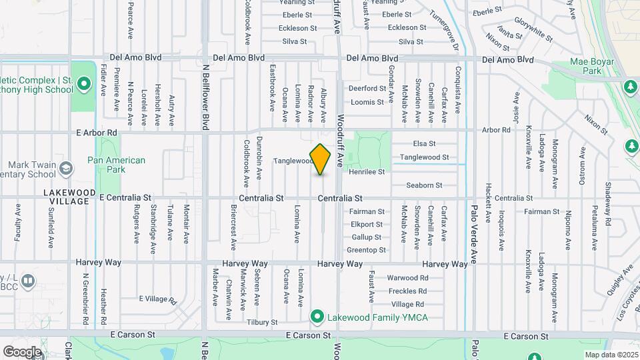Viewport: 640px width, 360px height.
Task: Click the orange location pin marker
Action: click(321, 159)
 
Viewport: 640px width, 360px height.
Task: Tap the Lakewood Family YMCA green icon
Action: click(318, 316)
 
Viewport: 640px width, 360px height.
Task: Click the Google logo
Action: click(22, 351)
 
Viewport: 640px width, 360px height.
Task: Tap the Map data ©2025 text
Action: click(611, 355)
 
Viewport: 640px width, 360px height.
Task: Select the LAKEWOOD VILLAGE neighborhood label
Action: click(65, 197)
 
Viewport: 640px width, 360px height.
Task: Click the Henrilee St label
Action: click(367, 172)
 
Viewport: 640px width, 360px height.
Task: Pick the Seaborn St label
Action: click(424, 185)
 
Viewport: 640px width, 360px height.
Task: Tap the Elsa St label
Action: click(424, 144)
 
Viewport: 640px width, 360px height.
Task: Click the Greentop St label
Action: click(367, 251)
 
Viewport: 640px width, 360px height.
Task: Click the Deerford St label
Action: click(368, 88)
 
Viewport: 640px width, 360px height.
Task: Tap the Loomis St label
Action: click(368, 102)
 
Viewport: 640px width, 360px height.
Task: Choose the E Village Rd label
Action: click(157, 299)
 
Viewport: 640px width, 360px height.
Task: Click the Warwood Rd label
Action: click(407, 278)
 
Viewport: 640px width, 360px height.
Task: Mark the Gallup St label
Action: click(367, 237)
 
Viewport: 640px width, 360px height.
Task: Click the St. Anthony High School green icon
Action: click(83, 84)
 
